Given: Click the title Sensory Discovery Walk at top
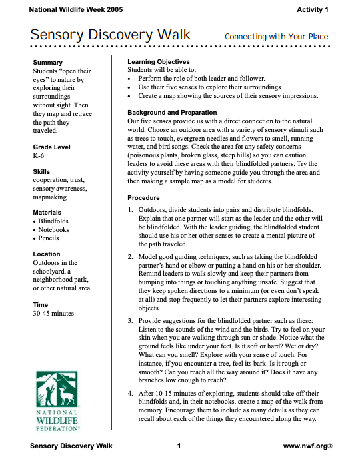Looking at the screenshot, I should point(110,36).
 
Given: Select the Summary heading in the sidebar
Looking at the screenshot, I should point(47,62).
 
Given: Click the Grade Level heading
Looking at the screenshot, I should point(51,147).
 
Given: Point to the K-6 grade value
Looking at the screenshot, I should point(39,155).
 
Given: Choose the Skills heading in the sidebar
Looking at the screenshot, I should point(41,172).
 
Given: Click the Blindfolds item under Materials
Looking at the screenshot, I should point(53,221).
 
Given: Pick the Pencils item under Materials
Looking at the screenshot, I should point(49,238).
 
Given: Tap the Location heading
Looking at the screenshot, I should point(47,254).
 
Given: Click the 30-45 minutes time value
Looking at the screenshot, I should point(53,313).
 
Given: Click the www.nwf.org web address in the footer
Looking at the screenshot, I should point(308,445).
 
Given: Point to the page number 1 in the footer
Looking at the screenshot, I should point(180,445).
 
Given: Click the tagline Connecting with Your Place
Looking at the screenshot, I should point(276,37).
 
